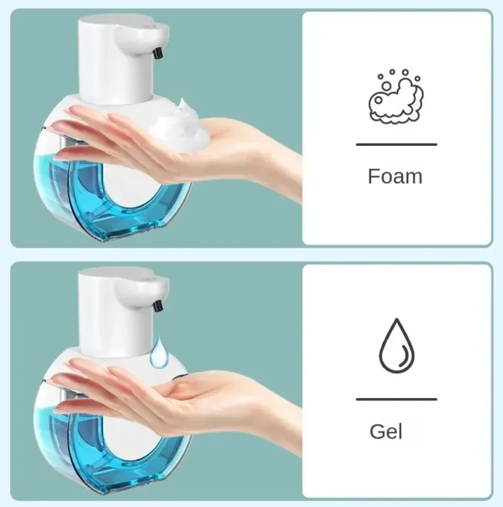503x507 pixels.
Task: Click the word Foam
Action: [x=395, y=176]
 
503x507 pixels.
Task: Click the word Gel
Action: [x=386, y=432]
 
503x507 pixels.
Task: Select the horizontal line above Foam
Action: [x=396, y=145]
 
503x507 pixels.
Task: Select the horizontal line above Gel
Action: [x=396, y=399]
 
